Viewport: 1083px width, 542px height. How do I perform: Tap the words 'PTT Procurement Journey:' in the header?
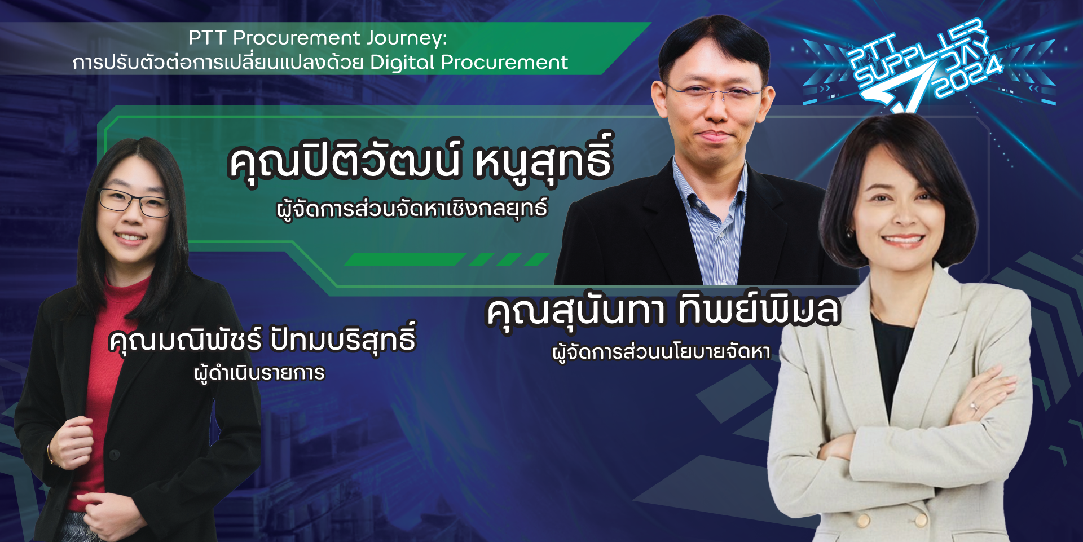pyautogui.click(x=318, y=38)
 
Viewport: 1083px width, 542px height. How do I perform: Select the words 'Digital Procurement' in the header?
pyautogui.click(x=469, y=62)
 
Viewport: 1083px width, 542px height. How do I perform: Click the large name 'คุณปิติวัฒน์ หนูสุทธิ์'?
pyautogui.click(x=421, y=160)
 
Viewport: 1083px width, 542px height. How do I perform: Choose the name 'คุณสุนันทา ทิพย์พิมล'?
pyautogui.click(x=663, y=311)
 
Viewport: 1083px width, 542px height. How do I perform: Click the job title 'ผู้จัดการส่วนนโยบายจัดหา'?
pyautogui.click(x=661, y=352)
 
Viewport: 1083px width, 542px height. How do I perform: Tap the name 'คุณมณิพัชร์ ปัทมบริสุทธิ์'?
pyautogui.click(x=262, y=340)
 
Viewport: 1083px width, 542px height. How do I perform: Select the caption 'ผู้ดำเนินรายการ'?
pyautogui.click(x=259, y=373)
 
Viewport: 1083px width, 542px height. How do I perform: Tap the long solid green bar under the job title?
pyautogui.click(x=405, y=259)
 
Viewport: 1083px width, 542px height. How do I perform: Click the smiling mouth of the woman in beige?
pyautogui.click(x=903, y=240)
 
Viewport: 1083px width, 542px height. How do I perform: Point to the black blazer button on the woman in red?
pyautogui.click(x=115, y=455)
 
